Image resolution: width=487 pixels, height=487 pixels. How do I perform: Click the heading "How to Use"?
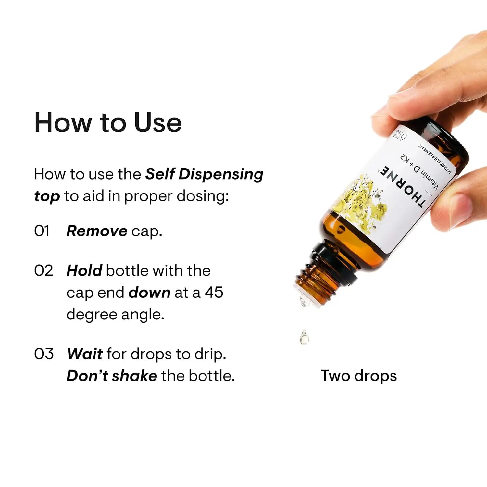[x=108, y=122]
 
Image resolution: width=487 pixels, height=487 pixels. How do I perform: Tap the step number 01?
[x=42, y=231]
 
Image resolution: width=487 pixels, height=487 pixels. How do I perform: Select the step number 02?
[x=44, y=271]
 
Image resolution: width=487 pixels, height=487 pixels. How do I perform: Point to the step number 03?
[x=44, y=354]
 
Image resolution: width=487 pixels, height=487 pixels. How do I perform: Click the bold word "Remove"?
[x=97, y=231]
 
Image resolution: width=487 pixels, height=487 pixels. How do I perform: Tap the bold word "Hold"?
[x=84, y=271]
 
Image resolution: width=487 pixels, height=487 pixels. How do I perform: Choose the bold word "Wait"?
[x=85, y=354]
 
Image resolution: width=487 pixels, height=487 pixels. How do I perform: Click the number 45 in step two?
[x=214, y=293]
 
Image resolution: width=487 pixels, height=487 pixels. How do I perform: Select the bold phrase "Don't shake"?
[x=112, y=376]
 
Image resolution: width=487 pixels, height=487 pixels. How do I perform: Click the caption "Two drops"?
[x=359, y=376]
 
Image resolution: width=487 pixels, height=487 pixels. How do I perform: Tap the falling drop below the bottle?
[x=304, y=338]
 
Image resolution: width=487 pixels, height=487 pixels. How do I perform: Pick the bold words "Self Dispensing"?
[x=204, y=174]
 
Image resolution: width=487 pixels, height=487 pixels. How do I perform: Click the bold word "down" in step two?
[x=149, y=293]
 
